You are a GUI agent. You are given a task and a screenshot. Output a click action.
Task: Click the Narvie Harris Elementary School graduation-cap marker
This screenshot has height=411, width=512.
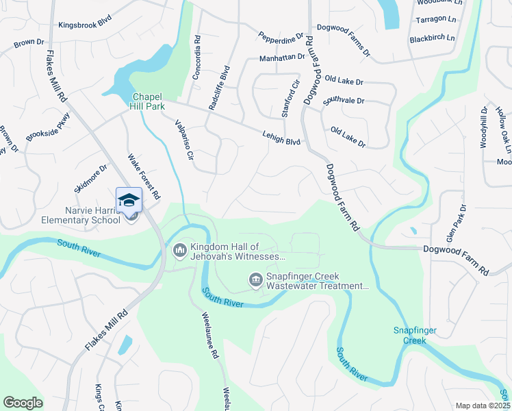[x=129, y=200]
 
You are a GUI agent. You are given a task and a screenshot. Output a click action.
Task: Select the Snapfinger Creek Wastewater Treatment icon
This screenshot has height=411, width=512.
[x=255, y=279]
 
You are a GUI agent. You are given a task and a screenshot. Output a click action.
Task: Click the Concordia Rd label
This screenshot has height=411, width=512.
[x=196, y=58]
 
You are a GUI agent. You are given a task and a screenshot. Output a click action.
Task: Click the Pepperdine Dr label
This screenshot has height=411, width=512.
[x=281, y=35]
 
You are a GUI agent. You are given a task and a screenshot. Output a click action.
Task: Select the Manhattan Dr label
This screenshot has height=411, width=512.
[x=282, y=58]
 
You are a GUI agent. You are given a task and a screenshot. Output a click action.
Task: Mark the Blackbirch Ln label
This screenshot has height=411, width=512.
[x=432, y=38]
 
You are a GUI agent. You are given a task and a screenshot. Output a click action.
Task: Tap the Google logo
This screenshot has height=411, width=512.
[x=23, y=403]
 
